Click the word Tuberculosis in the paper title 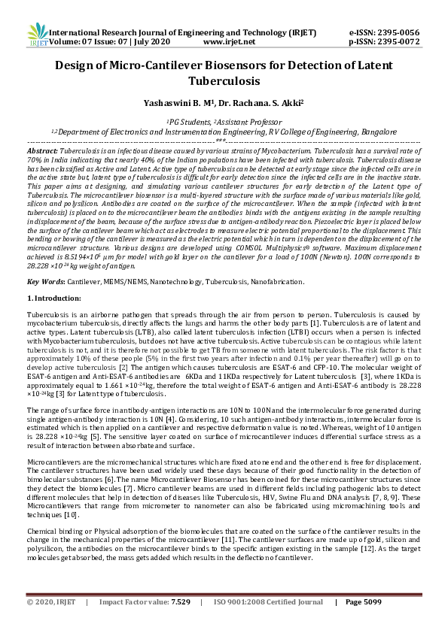coord(224,80)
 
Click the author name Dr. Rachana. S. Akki coord(253,101)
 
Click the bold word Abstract coord(42,151)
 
